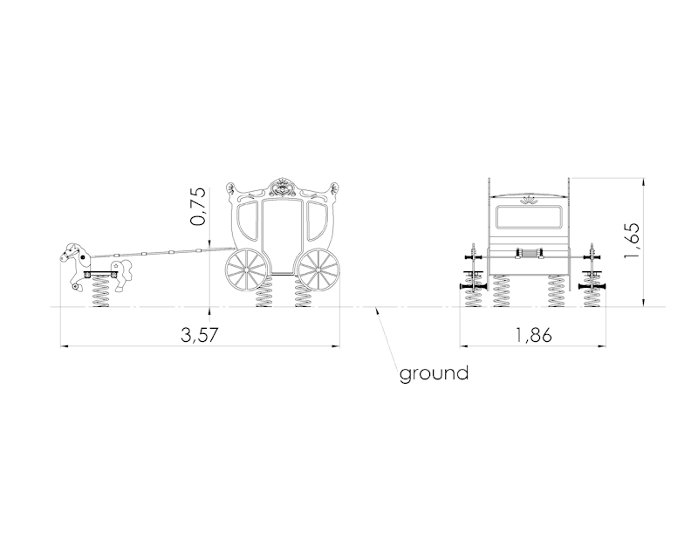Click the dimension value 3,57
[200, 335]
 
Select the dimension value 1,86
[533, 335]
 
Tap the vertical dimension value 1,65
[632, 240]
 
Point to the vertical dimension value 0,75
[198, 206]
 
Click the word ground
[434, 373]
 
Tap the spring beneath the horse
[101, 292]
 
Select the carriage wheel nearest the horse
[247, 269]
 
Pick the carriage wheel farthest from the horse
[318, 269]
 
